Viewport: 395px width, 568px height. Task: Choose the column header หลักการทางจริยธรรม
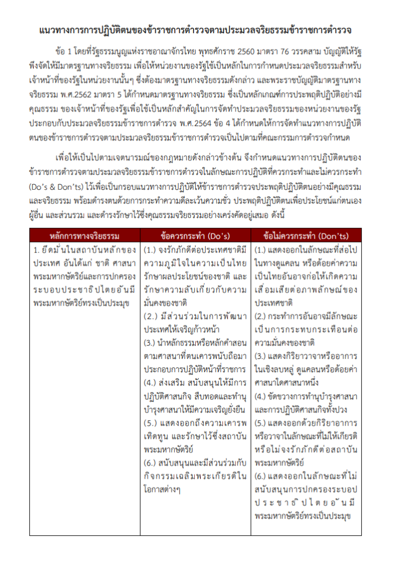point(84,235)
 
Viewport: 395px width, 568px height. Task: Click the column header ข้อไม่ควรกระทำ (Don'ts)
point(306,235)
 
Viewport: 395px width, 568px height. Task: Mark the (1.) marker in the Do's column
point(151,250)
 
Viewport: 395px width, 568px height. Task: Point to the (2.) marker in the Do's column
point(151,317)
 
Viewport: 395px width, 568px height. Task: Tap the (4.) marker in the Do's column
point(151,383)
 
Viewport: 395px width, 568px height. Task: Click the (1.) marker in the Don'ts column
point(262,250)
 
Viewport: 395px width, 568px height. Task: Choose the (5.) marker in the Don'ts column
point(262,423)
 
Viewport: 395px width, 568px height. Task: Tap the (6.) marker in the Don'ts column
point(262,476)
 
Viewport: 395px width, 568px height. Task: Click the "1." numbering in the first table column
point(37,250)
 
